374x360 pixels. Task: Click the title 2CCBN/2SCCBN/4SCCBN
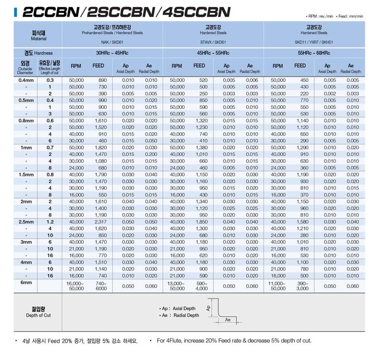126,12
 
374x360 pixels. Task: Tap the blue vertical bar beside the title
16,12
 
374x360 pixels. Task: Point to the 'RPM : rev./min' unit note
320,16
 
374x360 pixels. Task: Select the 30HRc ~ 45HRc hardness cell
112,53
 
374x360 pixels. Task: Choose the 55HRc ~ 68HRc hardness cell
314,53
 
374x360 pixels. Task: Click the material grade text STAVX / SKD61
213,42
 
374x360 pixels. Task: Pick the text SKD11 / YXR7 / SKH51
314,42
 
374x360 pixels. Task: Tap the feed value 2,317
100,222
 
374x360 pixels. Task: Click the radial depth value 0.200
151,154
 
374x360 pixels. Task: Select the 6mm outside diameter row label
26,282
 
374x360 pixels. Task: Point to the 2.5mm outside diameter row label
26,222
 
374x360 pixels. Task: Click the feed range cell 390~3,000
302,286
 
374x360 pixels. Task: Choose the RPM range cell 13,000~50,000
177,286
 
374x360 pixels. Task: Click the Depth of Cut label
38,312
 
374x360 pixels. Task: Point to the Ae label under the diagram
228,320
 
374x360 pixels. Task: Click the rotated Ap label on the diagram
208,308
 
